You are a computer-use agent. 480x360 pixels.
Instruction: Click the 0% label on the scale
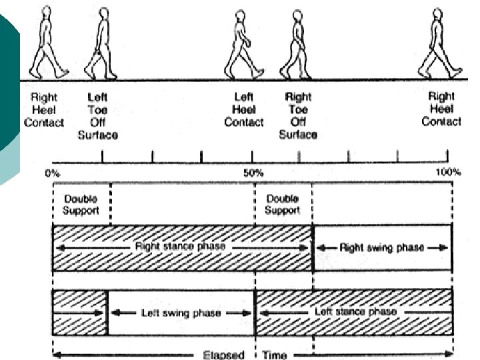(x=52, y=173)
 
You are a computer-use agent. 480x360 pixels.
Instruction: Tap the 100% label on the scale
(x=448, y=173)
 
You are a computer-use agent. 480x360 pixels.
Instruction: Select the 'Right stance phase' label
(x=180, y=247)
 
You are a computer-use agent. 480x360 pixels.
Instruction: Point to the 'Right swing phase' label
(x=381, y=247)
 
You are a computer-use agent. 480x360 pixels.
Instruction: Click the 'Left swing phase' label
(x=181, y=312)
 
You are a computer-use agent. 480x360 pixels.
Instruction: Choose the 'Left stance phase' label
(x=355, y=312)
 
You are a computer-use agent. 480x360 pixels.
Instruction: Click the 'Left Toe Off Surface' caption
(x=97, y=116)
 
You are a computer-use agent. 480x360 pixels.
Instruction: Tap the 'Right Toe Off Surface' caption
(x=298, y=116)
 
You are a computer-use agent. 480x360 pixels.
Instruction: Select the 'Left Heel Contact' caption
(x=244, y=110)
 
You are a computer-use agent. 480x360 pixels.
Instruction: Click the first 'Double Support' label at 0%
(x=81, y=205)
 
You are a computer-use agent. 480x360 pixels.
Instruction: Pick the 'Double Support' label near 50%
(x=283, y=205)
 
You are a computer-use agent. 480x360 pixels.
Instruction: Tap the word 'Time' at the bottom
(x=275, y=355)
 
